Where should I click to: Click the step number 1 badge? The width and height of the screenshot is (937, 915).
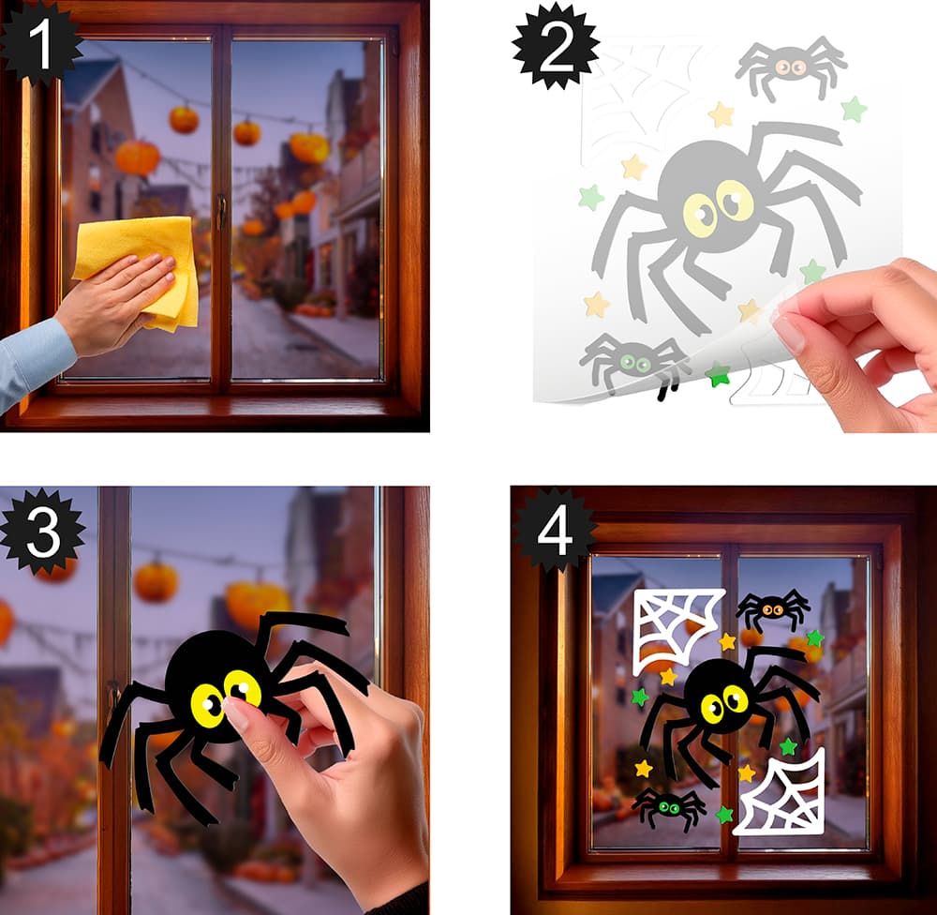tap(39, 43)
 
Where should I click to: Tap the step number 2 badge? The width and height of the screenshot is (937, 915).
tap(556, 47)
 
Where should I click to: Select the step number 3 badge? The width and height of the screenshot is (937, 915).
tap(43, 531)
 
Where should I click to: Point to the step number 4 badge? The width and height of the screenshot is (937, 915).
tap(555, 530)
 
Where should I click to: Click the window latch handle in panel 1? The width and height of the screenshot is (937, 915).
tap(222, 211)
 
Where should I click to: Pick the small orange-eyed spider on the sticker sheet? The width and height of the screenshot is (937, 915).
tap(791, 67)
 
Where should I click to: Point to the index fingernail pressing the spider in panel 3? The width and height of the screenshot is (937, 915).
tap(235, 714)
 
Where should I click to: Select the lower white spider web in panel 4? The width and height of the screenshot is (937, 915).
tap(780, 792)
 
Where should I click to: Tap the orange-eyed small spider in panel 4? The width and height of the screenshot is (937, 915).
tap(773, 610)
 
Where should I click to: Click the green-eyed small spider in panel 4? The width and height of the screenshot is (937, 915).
tap(669, 807)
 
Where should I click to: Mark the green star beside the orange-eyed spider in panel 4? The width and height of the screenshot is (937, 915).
tap(815, 638)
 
